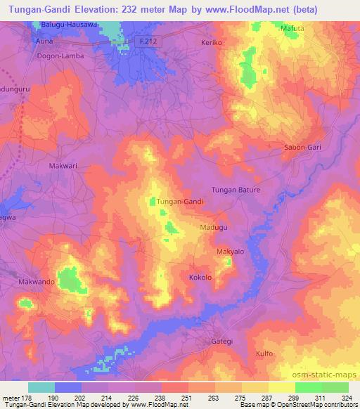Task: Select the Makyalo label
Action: coord(230,251)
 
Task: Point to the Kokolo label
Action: coord(200,278)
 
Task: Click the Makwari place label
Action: coord(62,165)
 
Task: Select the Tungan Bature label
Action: coord(236,190)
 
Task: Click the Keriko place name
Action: coord(211,43)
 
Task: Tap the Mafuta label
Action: coord(293,28)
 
